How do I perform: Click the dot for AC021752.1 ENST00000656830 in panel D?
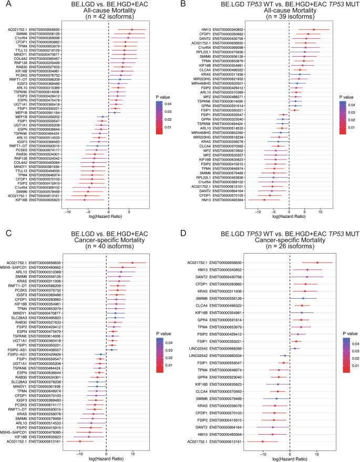pos(317,262)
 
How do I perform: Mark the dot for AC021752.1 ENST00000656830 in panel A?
pos(131,30)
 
